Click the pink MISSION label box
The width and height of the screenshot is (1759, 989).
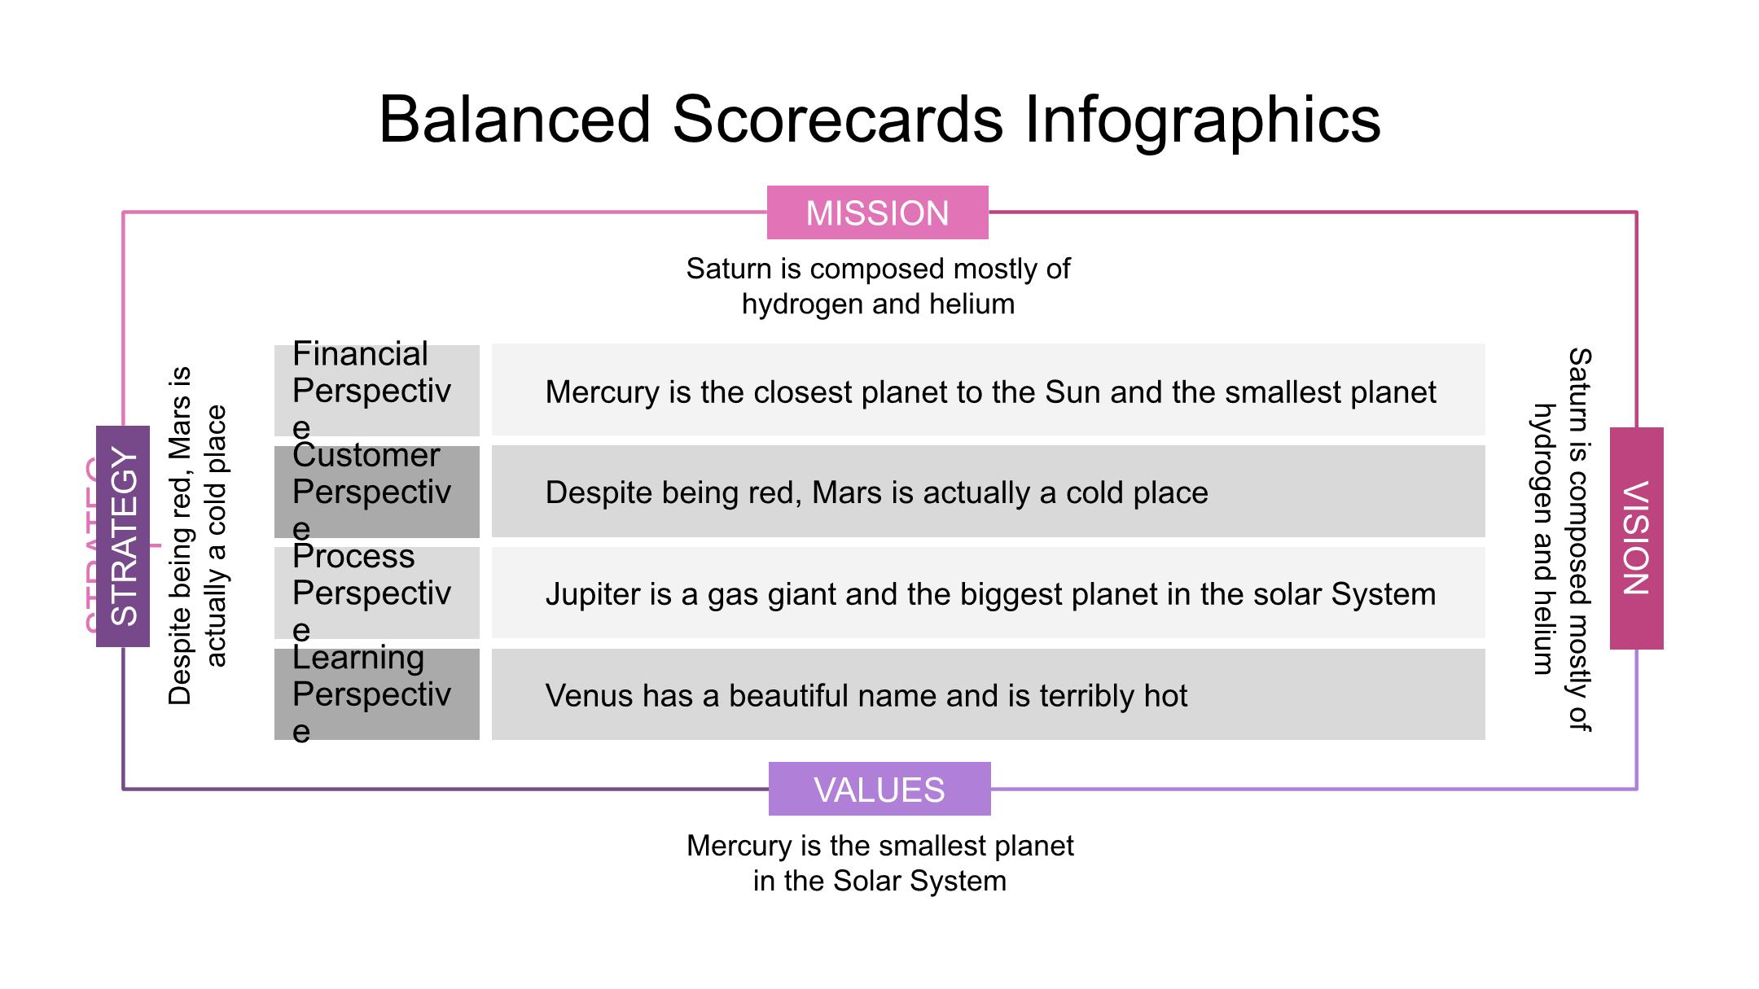[877, 212]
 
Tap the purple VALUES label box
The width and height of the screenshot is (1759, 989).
[879, 789]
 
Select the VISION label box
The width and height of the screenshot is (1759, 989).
[1637, 538]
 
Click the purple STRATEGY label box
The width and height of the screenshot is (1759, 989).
[123, 536]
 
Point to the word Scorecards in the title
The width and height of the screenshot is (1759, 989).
[838, 120]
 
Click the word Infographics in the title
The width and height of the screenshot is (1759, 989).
[1202, 120]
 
